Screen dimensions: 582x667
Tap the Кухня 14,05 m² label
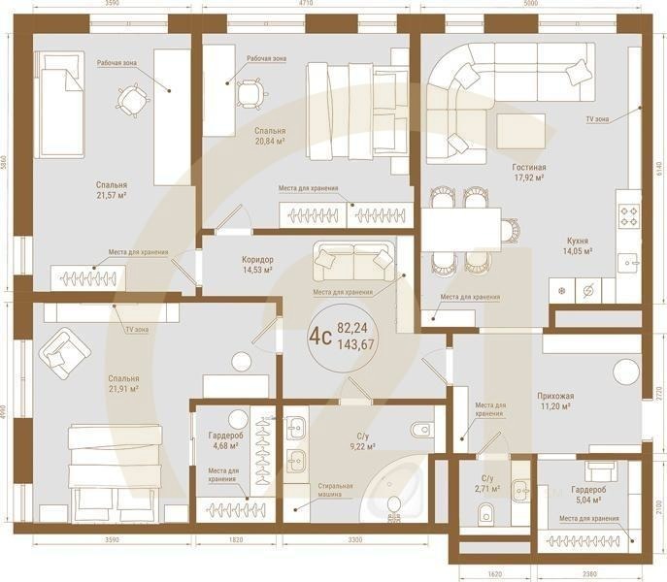point(580,244)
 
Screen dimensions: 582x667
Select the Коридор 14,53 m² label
point(257,266)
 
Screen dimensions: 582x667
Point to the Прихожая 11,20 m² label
point(557,402)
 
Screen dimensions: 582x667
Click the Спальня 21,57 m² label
point(112,190)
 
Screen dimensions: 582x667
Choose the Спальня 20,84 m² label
point(269,135)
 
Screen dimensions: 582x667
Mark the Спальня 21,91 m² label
point(123,384)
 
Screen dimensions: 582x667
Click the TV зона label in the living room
point(596,118)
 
